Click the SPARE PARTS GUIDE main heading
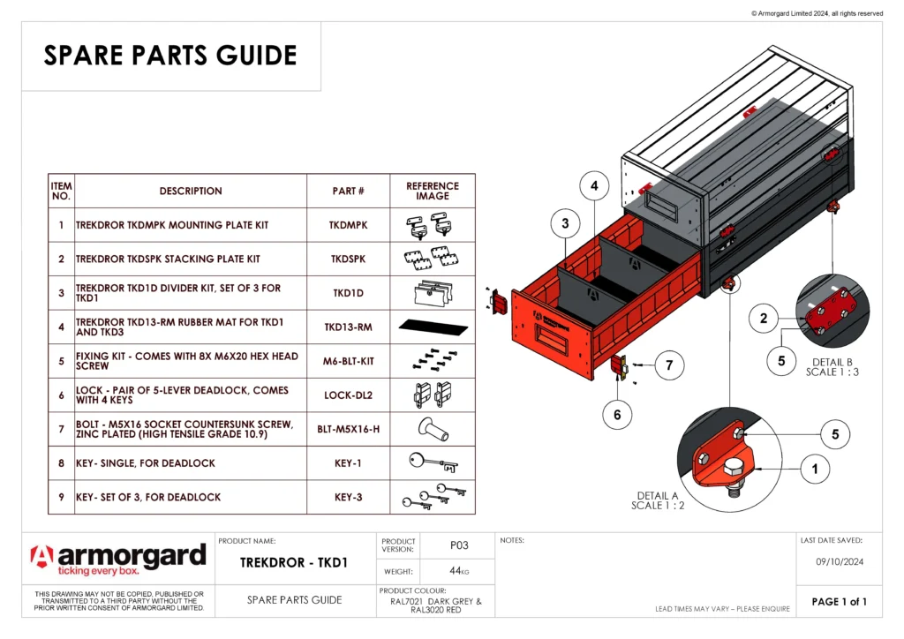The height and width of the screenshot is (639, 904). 170,56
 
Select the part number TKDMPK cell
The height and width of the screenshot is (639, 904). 348,225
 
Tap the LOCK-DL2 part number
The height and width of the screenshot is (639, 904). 348,395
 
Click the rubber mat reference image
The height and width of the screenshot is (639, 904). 433,327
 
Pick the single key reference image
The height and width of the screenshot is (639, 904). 433,462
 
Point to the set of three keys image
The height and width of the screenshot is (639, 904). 433,497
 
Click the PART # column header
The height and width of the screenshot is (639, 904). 348,191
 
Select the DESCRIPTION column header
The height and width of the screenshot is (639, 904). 191,191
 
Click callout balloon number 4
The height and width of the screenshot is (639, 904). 595,186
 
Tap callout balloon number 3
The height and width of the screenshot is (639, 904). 565,224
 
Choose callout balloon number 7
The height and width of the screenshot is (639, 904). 670,365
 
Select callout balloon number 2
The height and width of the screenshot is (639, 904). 764,319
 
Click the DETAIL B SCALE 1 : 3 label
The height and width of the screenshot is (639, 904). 832,367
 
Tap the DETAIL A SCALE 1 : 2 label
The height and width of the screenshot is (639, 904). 657,500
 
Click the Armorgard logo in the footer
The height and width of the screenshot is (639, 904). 118,559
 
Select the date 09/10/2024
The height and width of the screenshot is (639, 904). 839,560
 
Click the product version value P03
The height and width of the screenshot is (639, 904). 458,545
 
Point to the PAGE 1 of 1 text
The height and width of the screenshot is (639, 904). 839,602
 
